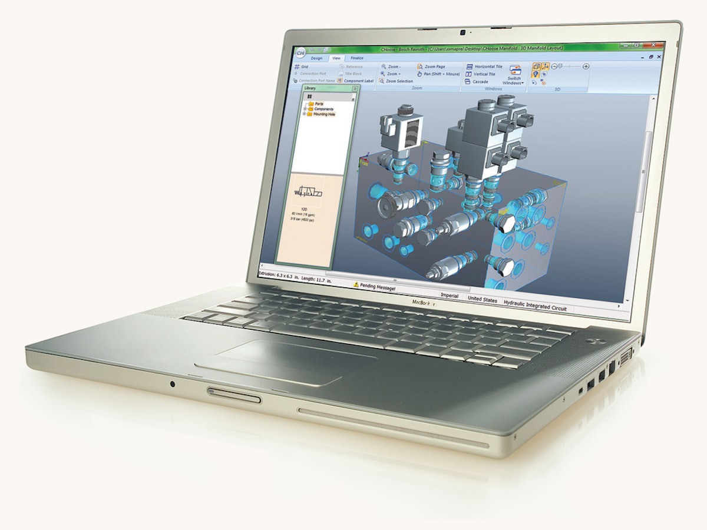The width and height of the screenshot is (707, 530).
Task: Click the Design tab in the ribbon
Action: [316, 58]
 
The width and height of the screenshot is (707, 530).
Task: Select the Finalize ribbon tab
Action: [357, 58]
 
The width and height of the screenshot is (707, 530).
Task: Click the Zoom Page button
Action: [435, 67]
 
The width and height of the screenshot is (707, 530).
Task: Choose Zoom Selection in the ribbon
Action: [399, 81]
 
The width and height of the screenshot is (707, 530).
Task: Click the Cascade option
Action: [480, 82]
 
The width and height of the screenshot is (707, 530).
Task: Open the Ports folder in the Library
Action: [319, 104]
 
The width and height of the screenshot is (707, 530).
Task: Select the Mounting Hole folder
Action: [323, 114]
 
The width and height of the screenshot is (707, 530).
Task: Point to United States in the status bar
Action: [482, 299]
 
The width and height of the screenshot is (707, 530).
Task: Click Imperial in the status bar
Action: [449, 296]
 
